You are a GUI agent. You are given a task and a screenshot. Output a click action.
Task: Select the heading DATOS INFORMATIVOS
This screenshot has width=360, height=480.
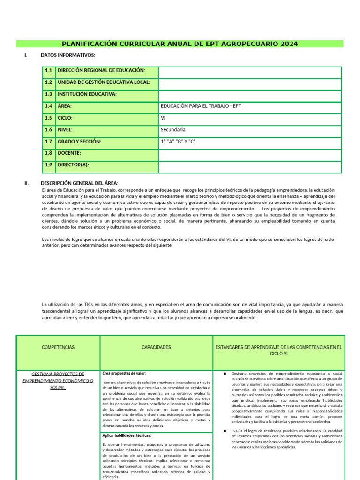[68, 56]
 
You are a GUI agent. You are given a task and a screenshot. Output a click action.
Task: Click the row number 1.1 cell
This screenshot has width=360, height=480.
[48, 71]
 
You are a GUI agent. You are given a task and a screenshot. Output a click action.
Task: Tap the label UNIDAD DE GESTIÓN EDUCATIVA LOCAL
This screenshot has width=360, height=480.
[104, 82]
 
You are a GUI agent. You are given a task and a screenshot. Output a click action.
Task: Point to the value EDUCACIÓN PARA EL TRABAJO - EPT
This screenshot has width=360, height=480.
[201, 106]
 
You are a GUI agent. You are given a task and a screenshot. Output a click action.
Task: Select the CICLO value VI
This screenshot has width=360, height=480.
[163, 118]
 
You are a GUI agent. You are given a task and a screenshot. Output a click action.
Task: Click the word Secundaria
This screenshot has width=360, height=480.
[173, 129]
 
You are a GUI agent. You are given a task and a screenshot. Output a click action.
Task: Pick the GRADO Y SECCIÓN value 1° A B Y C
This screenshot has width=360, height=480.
[178, 141]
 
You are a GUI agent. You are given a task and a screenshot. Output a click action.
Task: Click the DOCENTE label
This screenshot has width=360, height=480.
[69, 153]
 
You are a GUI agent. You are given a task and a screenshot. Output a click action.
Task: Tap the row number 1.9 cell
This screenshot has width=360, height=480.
[48, 165]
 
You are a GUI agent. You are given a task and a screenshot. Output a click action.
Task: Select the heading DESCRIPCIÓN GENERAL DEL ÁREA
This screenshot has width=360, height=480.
[80, 183]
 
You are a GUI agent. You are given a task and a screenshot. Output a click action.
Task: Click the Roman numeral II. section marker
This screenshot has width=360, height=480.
[27, 183]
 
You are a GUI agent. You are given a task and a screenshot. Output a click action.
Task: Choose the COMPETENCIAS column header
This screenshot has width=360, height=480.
[58, 347]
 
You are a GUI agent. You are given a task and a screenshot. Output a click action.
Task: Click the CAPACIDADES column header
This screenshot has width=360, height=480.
[157, 347]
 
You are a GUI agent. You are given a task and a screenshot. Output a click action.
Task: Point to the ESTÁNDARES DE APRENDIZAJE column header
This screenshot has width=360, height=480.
[278, 350]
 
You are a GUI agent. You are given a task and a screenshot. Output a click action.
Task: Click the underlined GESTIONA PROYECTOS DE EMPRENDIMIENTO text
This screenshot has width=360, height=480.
[58, 381]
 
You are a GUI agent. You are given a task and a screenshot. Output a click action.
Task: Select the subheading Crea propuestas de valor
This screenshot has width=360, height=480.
[124, 374]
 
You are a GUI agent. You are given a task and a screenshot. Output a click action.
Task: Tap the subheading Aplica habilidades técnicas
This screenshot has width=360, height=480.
[127, 435]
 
